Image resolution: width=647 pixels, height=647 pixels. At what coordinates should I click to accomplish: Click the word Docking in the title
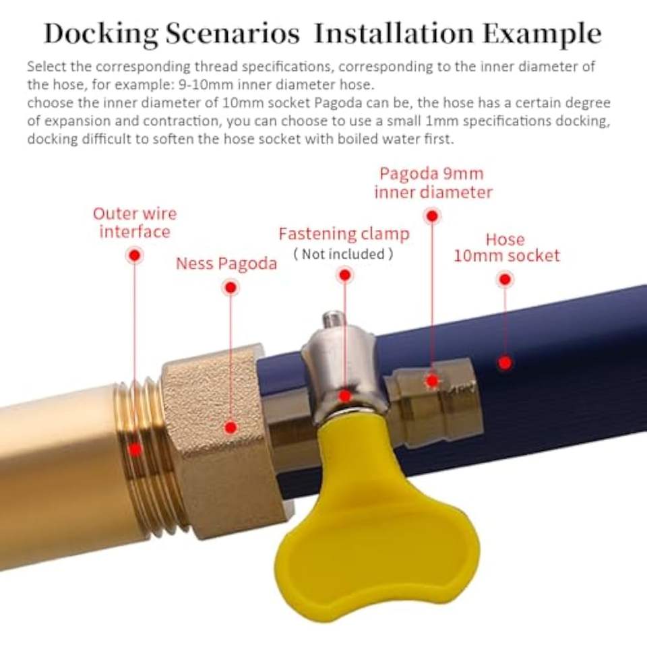click(101, 34)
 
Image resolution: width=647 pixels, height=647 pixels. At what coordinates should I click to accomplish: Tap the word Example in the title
click(542, 34)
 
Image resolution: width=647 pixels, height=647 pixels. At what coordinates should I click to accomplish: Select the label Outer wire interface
click(135, 223)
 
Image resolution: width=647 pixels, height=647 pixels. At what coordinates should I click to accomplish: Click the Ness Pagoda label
click(226, 264)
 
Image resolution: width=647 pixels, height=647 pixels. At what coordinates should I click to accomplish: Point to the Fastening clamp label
click(344, 234)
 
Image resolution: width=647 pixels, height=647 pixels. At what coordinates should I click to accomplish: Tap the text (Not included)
click(343, 254)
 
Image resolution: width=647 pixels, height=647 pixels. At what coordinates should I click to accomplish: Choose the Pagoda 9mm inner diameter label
click(433, 183)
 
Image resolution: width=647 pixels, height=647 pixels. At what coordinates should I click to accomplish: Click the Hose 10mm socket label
click(507, 247)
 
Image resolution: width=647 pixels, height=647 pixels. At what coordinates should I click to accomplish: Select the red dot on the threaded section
click(135, 449)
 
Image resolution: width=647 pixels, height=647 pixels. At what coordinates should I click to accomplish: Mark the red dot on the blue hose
click(505, 363)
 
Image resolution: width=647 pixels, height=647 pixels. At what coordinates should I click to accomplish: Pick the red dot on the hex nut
click(230, 427)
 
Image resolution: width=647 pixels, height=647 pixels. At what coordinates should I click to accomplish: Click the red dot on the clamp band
click(345, 396)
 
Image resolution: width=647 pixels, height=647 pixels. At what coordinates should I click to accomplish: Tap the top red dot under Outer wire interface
click(135, 256)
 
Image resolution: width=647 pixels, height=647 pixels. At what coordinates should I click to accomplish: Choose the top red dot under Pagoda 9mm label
click(433, 216)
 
